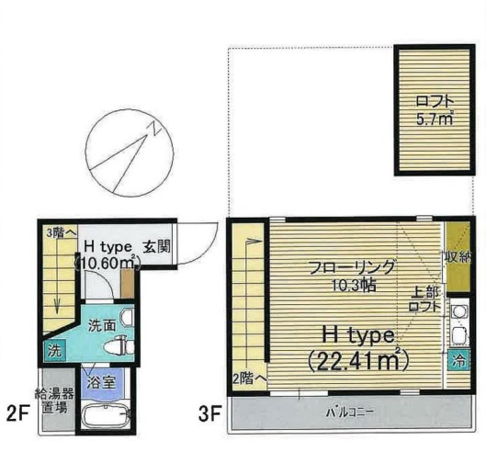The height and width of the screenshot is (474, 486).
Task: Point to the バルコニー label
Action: [351, 412]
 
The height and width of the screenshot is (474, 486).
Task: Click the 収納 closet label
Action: [456, 257]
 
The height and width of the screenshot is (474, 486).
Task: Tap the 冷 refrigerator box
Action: [457, 360]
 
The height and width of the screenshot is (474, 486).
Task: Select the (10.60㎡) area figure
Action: [107, 264]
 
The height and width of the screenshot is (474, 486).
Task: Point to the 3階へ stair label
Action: [60, 232]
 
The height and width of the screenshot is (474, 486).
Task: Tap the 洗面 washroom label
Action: [101, 324]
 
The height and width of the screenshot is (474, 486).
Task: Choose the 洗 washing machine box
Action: [54, 350]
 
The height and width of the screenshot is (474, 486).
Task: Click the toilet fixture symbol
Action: [119, 346]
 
